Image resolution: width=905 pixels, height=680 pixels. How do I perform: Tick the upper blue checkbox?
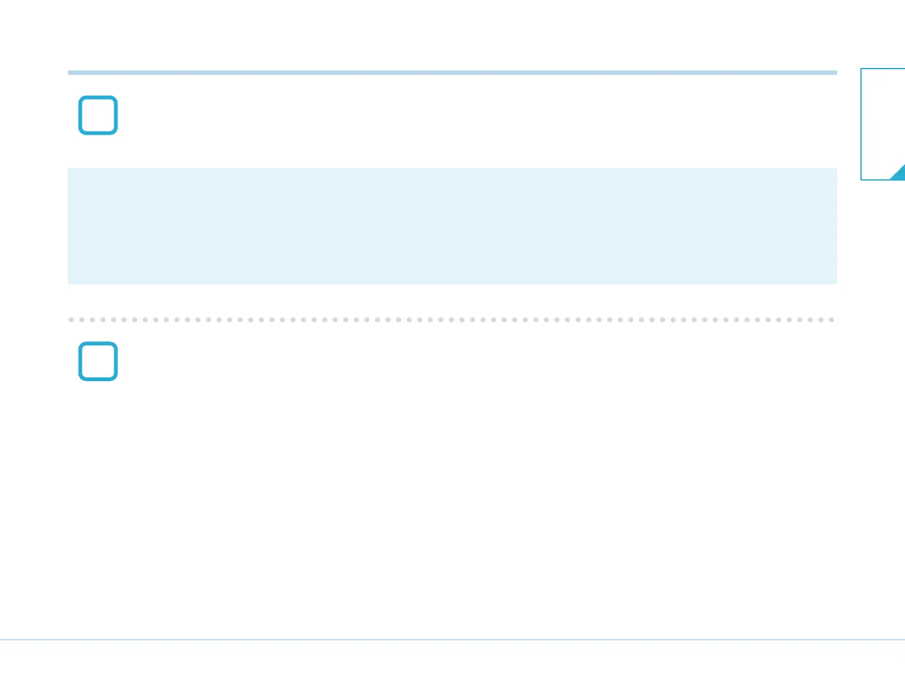tap(98, 115)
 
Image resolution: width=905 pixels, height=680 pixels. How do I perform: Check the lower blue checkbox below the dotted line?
tap(98, 361)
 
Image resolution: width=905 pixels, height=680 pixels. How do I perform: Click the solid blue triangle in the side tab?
tap(899, 174)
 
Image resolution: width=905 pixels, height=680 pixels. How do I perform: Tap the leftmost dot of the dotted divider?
tap(71, 320)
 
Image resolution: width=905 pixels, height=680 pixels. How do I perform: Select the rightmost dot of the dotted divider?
tap(831, 320)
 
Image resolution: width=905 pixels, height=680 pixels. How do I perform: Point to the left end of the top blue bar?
tap(69, 72)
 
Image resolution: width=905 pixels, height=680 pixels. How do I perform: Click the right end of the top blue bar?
tap(835, 72)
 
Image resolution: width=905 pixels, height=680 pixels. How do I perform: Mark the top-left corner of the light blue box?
tap(69, 169)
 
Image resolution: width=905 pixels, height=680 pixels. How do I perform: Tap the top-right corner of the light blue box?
tap(836, 169)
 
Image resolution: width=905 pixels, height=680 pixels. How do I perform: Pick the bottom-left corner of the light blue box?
tap(69, 283)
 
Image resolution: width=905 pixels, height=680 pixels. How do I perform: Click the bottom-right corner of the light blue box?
tap(836, 283)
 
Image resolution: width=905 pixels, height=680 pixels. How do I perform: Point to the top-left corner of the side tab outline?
tap(861, 69)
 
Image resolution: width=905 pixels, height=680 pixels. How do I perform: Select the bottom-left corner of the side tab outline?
tap(861, 179)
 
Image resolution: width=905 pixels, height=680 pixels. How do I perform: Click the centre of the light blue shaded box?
tap(452, 226)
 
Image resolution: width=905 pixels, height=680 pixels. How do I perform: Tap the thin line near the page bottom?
tap(452, 640)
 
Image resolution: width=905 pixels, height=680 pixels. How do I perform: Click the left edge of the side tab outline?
tap(861, 124)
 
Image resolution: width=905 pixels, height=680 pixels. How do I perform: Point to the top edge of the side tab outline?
tap(883, 69)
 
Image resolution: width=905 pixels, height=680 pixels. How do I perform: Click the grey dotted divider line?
tap(452, 320)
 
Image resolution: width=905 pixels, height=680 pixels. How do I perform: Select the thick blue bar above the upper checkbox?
tap(452, 72)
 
